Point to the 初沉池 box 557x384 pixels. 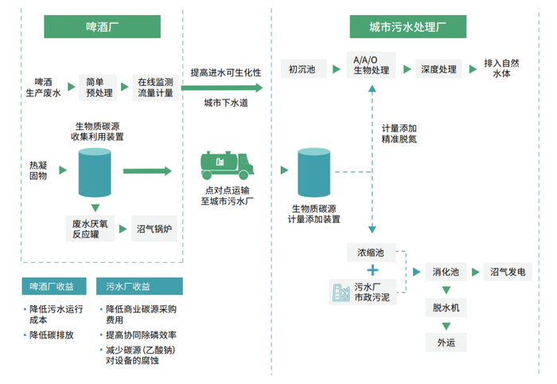coord(306,69)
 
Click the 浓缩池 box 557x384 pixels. coord(371,253)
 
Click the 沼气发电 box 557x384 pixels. coord(507,272)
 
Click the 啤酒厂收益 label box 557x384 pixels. coord(55,286)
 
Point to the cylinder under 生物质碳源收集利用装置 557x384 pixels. coord(95,173)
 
